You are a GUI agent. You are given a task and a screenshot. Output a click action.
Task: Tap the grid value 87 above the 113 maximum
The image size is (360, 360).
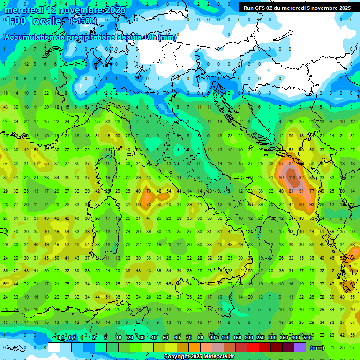point(291,164)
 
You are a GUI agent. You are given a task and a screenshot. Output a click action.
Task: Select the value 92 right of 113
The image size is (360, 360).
point(302,178)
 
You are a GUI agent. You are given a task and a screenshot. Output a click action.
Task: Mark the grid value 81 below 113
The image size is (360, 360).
point(291,191)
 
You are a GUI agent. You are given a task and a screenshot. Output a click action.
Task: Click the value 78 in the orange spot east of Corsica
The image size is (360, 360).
point(149,205)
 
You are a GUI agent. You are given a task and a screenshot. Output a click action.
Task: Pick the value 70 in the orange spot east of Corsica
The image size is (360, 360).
point(149,191)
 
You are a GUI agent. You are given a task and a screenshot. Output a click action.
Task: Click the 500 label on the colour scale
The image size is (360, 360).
point(307,338)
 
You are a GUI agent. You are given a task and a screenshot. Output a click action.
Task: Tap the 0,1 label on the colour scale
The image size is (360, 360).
point(60,338)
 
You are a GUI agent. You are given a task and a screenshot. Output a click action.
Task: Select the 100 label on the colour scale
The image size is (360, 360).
point(225,338)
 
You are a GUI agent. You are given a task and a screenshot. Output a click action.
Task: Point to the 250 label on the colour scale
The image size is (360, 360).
point(260,338)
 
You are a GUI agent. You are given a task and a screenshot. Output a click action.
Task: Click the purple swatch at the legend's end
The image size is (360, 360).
point(300,347)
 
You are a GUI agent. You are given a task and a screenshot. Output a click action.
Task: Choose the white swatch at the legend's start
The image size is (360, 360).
point(53,347)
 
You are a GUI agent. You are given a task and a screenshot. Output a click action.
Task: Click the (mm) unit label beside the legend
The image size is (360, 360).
point(317,348)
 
